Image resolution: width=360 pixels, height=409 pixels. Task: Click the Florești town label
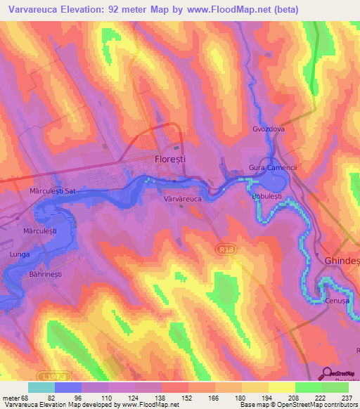point(169,160)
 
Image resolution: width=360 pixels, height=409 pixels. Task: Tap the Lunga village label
point(20,253)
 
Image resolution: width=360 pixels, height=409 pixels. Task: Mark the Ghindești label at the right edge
point(342,260)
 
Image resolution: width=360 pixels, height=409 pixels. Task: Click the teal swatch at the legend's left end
point(41,387)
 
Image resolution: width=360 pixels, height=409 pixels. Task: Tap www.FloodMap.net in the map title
point(225,10)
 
